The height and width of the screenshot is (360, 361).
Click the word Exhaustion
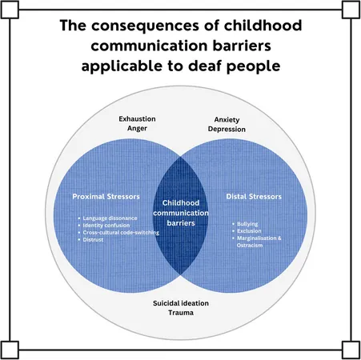[137, 119]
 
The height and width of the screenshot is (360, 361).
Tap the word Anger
[137, 128]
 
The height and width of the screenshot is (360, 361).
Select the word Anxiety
[227, 120]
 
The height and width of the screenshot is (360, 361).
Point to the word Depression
[227, 130]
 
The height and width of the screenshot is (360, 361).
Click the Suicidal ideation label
[181, 303]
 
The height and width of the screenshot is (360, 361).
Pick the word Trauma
[181, 313]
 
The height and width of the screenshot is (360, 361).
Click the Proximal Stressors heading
[106, 197]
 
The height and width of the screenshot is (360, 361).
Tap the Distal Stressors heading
[254, 197]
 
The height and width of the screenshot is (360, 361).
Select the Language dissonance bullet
[110, 218]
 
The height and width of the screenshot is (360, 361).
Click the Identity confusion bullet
[106, 226]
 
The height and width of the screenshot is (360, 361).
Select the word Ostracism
[250, 245]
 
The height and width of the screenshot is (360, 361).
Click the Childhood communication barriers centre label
[181, 213]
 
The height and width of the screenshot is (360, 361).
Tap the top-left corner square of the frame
[10, 10]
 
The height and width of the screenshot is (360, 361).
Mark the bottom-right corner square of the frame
[351, 350]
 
